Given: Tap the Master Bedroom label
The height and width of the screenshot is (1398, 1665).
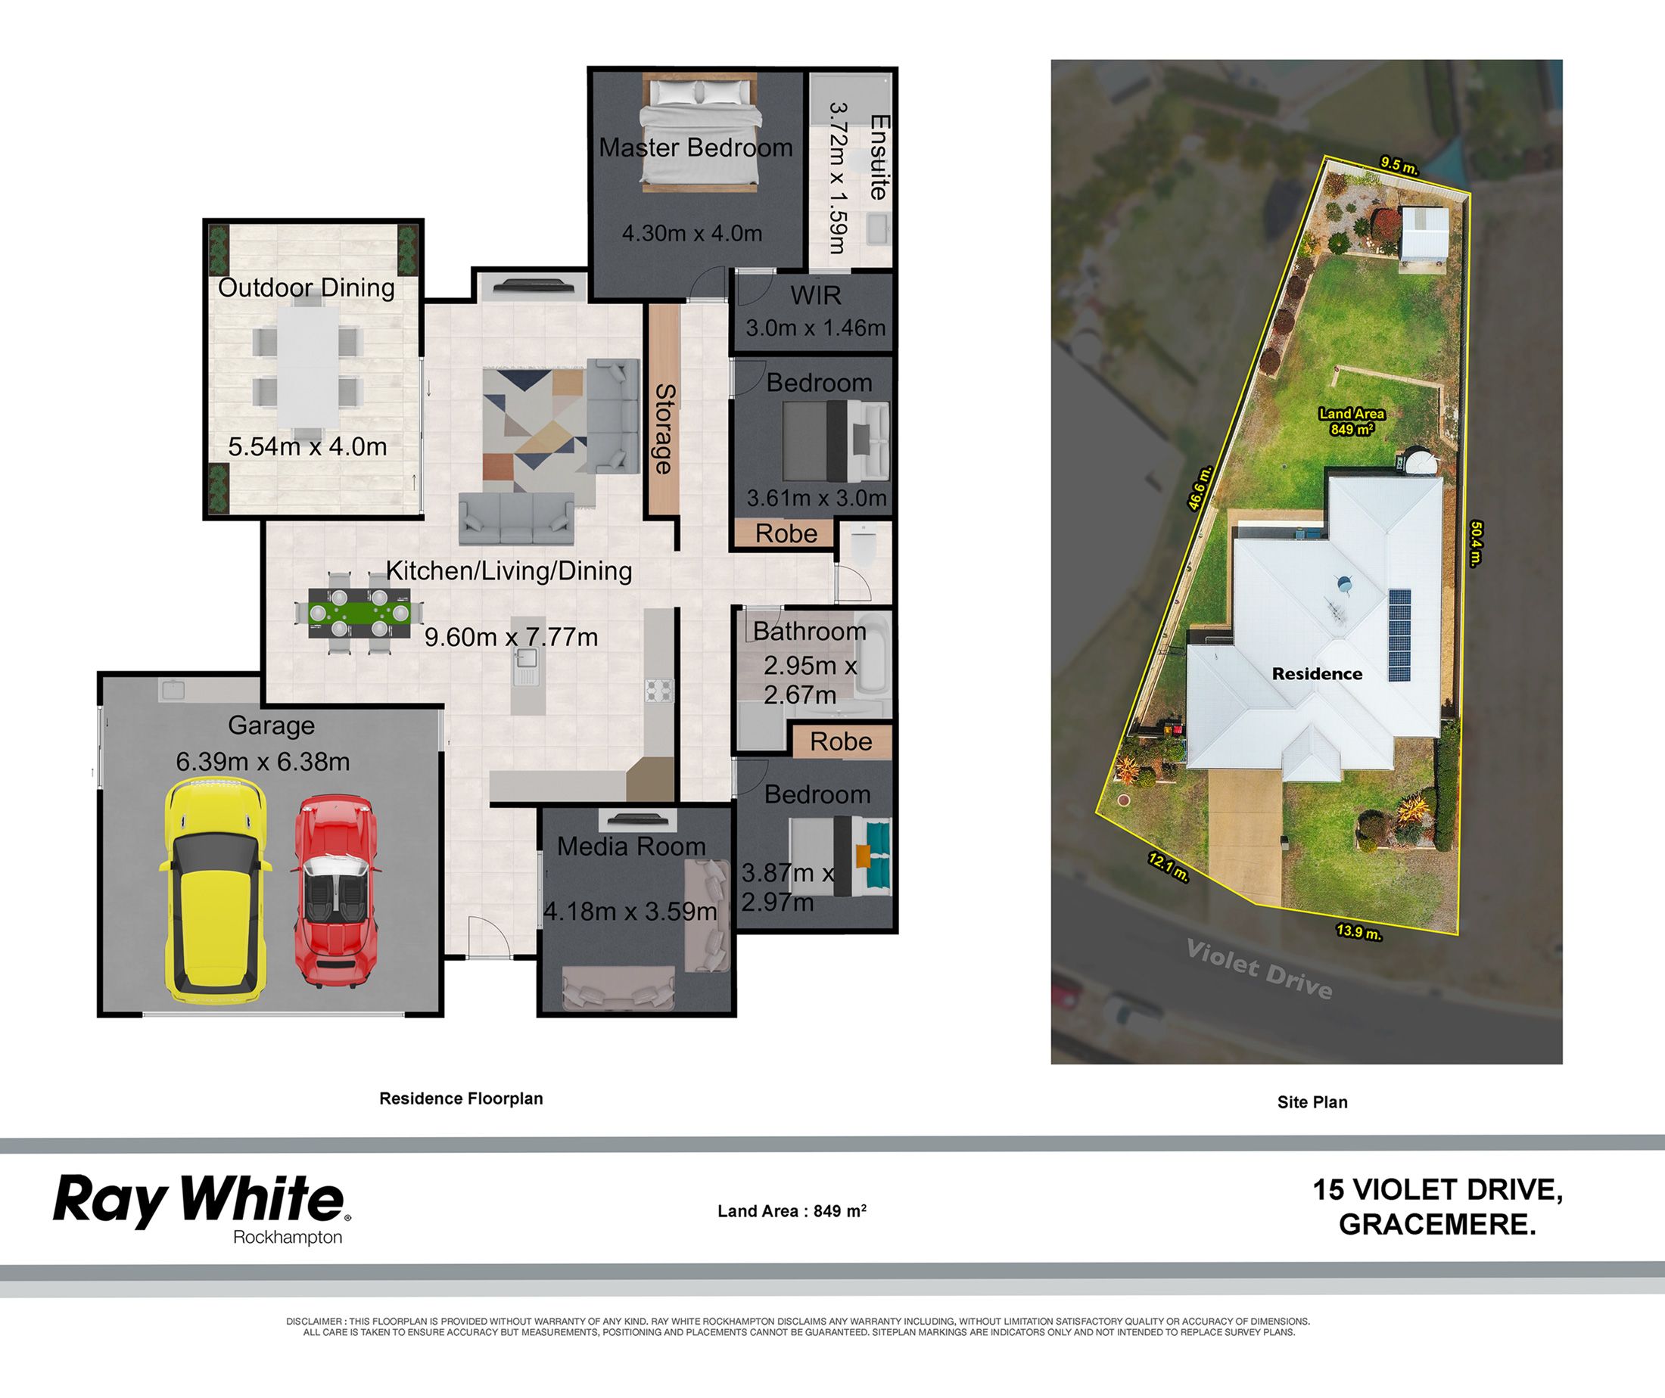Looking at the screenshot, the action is click(x=696, y=148).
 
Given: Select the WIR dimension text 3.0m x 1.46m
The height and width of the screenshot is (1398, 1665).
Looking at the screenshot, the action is click(x=816, y=328).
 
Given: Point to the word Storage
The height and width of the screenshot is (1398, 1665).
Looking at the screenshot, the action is click(x=664, y=429).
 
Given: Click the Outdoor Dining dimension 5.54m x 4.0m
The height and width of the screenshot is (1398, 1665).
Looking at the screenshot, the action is click(x=307, y=446).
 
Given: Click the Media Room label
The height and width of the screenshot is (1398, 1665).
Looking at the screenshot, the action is click(x=631, y=847).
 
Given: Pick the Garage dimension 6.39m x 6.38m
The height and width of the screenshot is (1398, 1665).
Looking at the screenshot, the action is click(x=263, y=762).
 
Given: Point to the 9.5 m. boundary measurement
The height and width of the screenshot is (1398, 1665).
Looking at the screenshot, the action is click(x=1399, y=166).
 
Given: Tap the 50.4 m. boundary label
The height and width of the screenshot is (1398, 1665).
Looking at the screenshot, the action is click(x=1476, y=543).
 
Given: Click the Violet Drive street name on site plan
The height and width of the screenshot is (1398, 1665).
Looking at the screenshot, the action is click(x=1259, y=968).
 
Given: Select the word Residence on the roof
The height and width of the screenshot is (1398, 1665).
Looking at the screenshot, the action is click(x=1317, y=673).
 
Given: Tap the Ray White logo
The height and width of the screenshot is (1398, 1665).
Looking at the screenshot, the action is click(x=201, y=1209).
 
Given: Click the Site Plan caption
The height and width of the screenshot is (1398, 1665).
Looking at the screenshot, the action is click(x=1312, y=1101).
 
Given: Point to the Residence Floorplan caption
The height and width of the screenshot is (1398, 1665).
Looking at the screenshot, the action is click(x=461, y=1098).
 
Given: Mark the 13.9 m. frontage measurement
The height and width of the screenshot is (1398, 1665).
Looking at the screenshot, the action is click(x=1358, y=932).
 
